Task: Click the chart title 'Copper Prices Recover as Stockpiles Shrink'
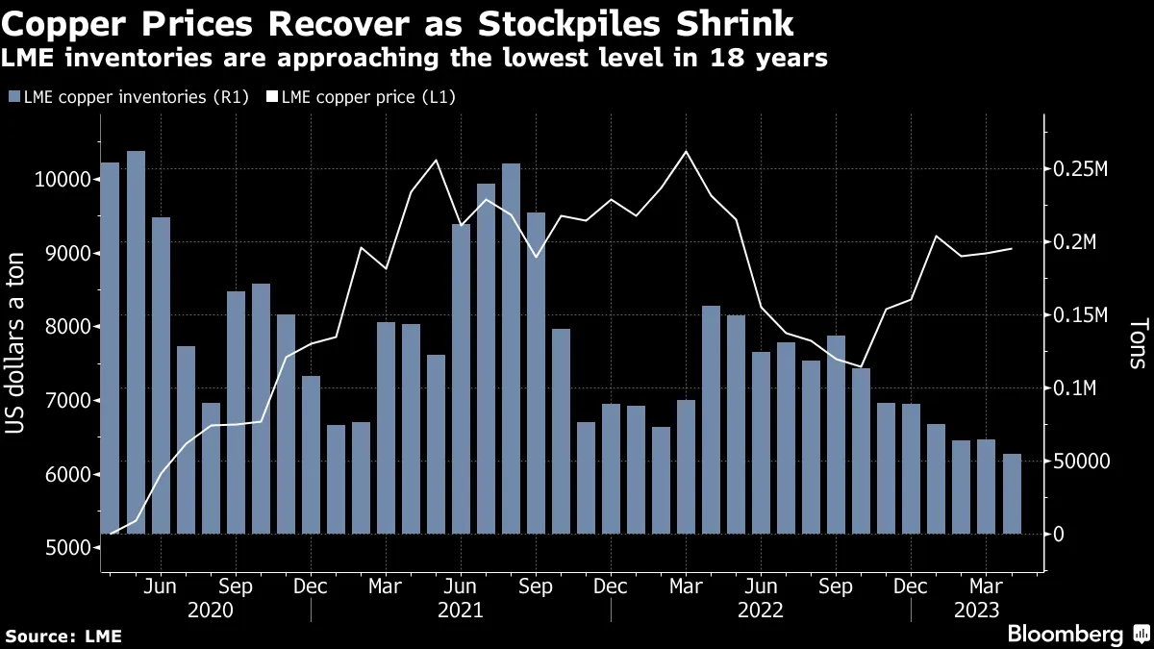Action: pos(404,21)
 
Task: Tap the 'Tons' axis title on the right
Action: pos(1138,344)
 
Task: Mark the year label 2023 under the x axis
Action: pos(976,610)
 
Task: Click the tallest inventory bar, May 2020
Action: pos(136,341)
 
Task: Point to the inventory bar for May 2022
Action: pos(737,424)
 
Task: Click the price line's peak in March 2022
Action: pos(686,151)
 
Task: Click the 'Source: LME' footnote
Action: pos(63,636)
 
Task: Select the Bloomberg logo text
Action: pos(1065,634)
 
